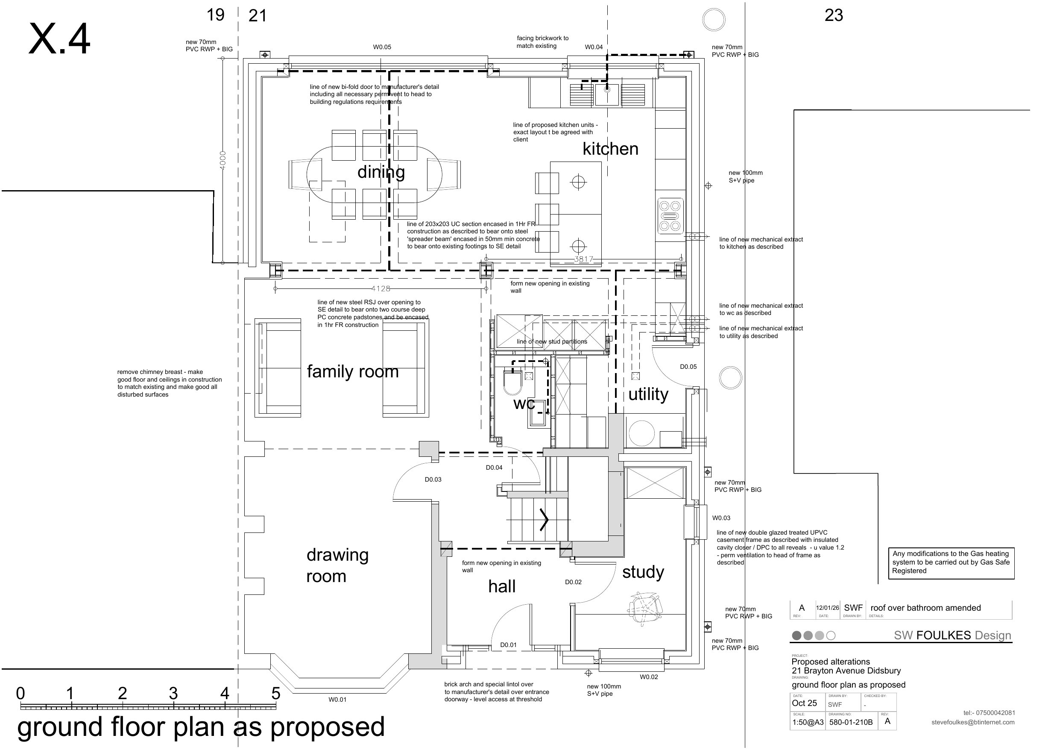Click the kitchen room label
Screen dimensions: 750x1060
click(x=610, y=149)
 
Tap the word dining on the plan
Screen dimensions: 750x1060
click(x=381, y=172)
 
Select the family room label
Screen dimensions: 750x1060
click(x=353, y=371)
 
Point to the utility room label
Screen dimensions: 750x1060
click(x=648, y=394)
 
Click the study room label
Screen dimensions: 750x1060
click(x=643, y=572)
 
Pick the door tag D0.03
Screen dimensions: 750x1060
click(x=433, y=479)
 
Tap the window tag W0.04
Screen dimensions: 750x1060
click(x=594, y=47)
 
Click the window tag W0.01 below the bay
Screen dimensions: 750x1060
click(x=337, y=700)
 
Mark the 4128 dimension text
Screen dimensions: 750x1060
click(x=381, y=289)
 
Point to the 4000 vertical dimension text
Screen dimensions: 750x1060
click(x=223, y=160)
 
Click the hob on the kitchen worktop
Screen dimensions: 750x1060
click(x=670, y=216)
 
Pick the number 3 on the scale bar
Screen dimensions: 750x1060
click(x=173, y=693)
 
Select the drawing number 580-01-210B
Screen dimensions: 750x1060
click(x=851, y=722)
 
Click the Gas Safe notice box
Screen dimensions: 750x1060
click(x=951, y=562)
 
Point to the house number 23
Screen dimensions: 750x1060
click(x=833, y=15)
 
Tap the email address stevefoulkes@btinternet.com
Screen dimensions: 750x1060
click(x=973, y=722)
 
